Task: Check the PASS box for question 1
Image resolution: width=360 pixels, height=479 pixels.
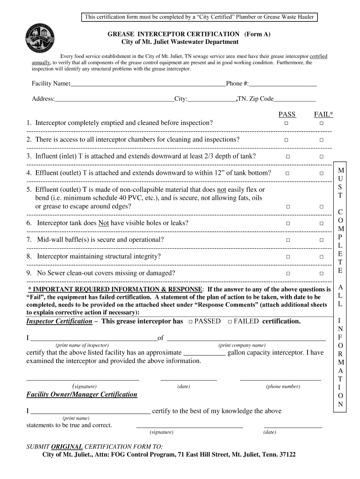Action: (286, 123)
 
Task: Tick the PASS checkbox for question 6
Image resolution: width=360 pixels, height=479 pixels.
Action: (288, 224)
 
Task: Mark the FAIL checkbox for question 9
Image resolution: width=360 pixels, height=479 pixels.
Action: (322, 274)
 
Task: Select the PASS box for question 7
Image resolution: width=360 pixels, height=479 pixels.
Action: (288, 240)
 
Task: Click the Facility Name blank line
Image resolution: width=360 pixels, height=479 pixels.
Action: (148, 85)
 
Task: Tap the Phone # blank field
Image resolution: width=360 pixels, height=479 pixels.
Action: (283, 85)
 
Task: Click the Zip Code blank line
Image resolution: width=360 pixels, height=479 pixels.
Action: (295, 100)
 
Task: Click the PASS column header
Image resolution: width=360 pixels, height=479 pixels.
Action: (287, 114)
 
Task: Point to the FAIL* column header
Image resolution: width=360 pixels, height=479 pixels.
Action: (324, 114)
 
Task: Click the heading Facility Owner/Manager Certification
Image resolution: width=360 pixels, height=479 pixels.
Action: (82, 395)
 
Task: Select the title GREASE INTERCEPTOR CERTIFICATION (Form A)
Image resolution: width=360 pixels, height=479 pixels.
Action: (189, 34)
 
